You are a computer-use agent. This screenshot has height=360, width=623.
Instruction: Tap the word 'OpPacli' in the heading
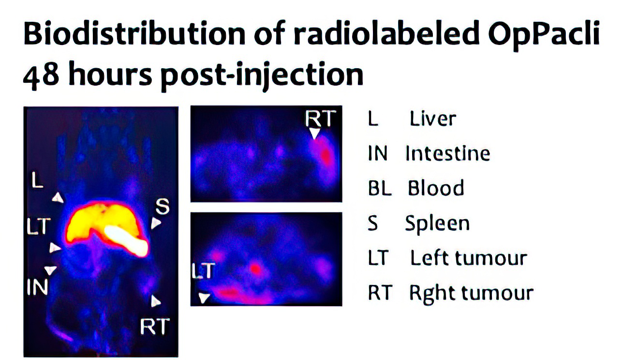pyautogui.click(x=544, y=35)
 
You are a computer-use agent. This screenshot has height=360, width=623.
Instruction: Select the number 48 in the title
pyautogui.click(x=41, y=75)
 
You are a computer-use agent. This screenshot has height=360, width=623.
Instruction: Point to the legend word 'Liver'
pyautogui.click(x=433, y=119)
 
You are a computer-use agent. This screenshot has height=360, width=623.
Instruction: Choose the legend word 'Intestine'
pyautogui.click(x=448, y=153)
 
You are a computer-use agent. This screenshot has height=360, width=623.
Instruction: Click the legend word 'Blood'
pyautogui.click(x=436, y=188)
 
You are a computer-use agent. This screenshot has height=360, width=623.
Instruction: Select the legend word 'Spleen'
pyautogui.click(x=437, y=224)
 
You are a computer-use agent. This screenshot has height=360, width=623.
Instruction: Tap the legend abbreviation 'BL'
pyautogui.click(x=380, y=188)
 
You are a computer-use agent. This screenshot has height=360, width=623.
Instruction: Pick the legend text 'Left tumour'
pyautogui.click(x=469, y=258)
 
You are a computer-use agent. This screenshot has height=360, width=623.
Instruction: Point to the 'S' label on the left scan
pyautogui.click(x=162, y=206)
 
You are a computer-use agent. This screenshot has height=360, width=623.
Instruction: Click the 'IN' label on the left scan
pyautogui.click(x=38, y=287)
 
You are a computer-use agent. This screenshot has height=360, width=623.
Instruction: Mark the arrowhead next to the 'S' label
pyautogui.click(x=156, y=223)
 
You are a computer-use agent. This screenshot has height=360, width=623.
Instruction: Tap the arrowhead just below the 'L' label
pyautogui.click(x=58, y=197)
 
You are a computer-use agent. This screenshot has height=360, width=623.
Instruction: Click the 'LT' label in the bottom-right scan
pyautogui.click(x=203, y=270)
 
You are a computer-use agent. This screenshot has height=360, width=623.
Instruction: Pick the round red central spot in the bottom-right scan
pyautogui.click(x=255, y=269)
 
